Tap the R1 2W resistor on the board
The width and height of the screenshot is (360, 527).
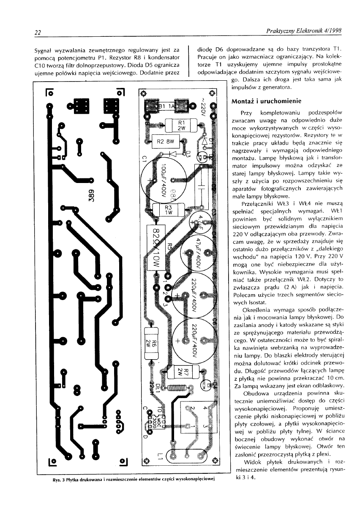[181, 125]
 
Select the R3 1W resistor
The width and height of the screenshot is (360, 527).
[168, 210]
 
